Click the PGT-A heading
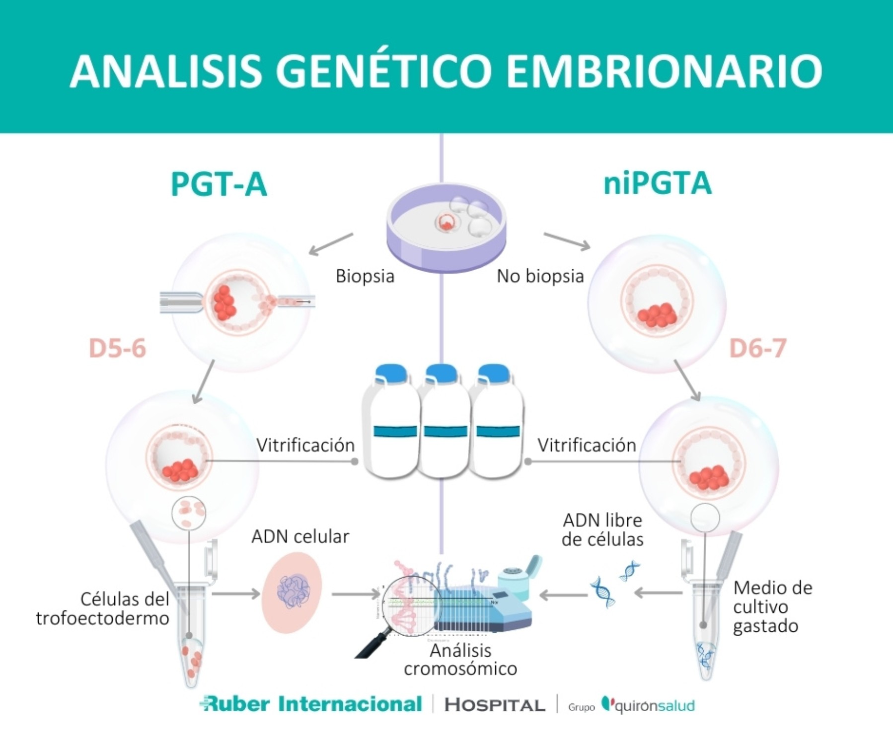(219, 184)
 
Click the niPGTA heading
(657, 183)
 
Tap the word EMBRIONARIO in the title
(663, 71)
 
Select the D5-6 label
(117, 348)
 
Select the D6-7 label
(757, 348)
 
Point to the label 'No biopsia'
(540, 276)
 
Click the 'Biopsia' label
(365, 276)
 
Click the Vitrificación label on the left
(305, 445)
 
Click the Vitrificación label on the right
(587, 445)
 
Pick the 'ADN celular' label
(300, 536)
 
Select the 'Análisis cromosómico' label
(460, 660)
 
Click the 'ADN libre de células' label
(602, 530)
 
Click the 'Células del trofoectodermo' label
(103, 609)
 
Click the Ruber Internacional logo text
(311, 704)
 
